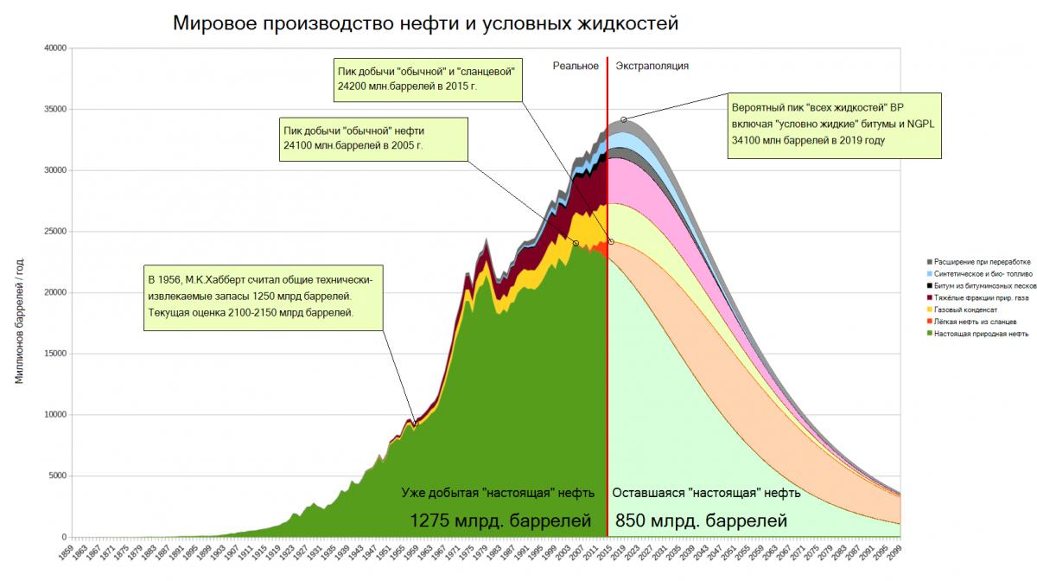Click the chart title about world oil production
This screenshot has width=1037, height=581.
[426, 22]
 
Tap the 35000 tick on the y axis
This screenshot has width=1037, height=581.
[54, 110]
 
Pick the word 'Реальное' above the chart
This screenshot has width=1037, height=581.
[576, 66]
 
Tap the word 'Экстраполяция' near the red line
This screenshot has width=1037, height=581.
[652, 66]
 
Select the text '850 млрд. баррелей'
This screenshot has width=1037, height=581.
[701, 521]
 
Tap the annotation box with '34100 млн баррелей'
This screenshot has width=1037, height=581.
[835, 125]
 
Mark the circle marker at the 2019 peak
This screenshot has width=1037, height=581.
[623, 119]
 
